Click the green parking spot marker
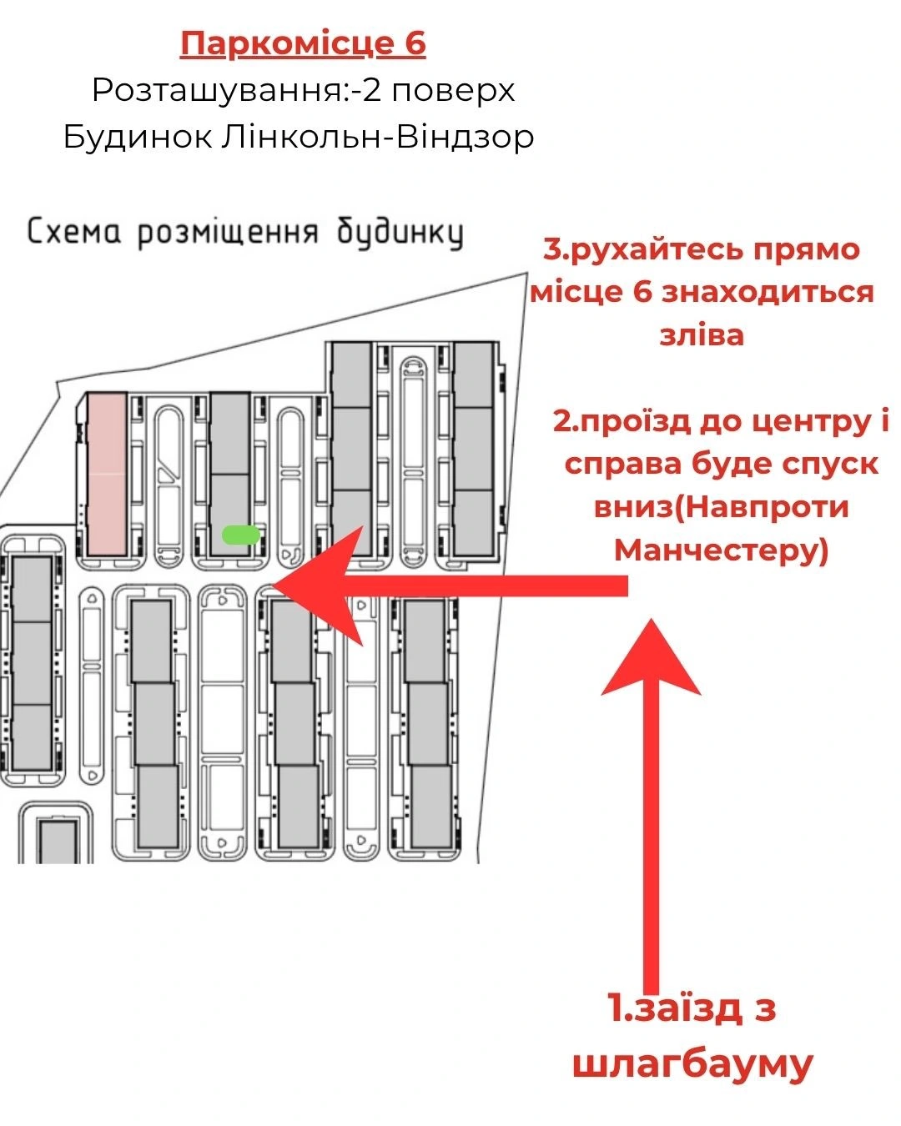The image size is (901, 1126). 241,535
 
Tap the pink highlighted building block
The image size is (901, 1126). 107,474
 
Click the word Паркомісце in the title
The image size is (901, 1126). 286,43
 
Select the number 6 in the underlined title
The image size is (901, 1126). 415,43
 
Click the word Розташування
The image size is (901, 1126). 218,91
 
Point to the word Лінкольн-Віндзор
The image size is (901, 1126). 377,138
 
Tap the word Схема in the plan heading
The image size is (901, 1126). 73,232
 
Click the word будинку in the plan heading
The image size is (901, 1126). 400,233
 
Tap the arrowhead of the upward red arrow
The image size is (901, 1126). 651,656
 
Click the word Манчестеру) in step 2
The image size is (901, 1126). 721,551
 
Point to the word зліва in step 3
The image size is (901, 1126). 702,335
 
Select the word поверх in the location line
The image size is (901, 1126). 453,92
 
